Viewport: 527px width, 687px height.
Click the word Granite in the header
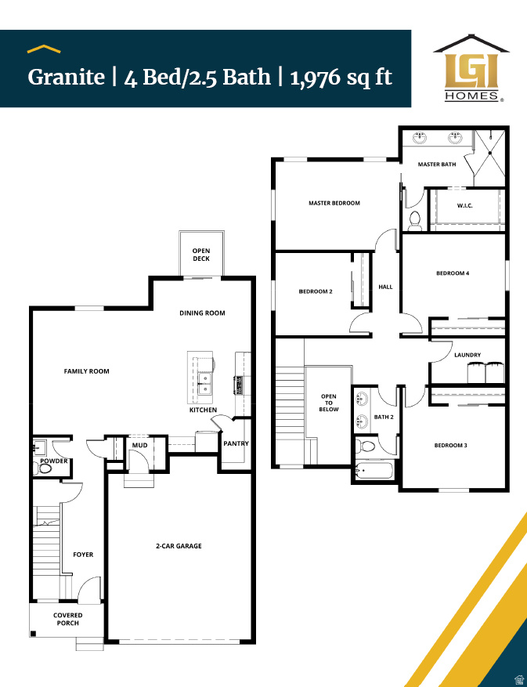click(x=66, y=77)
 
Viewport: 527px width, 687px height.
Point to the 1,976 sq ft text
click(x=341, y=77)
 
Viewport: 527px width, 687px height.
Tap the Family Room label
click(x=86, y=371)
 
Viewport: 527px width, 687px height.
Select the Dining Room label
click(x=202, y=313)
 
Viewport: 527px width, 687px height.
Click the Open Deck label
click(x=201, y=255)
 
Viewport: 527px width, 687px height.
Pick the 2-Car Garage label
click(x=179, y=546)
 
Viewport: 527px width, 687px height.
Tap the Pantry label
click(x=236, y=444)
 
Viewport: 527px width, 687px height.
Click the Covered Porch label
click(x=68, y=619)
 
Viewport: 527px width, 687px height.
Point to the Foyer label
click(x=83, y=555)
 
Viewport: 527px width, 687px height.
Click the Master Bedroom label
click(x=334, y=203)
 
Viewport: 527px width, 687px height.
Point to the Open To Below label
click(x=329, y=403)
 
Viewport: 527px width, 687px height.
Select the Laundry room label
click(x=467, y=355)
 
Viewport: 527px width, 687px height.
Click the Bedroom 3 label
click(x=451, y=446)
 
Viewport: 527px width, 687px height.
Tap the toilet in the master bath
click(x=415, y=221)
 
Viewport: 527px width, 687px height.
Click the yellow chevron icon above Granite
click(x=45, y=49)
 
